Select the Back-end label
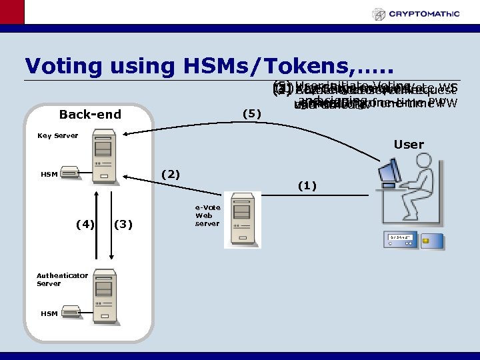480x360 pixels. point(90,115)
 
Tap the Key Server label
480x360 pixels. point(57,136)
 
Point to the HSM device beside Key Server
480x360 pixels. point(69,173)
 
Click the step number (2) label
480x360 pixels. point(171,174)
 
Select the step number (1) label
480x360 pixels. point(307,185)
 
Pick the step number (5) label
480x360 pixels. point(251,114)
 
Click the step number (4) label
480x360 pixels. point(85,224)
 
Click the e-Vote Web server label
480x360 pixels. point(207,215)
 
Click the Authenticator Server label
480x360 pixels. point(62,279)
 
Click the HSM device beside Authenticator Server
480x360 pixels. point(69,311)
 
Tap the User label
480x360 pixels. point(409,145)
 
